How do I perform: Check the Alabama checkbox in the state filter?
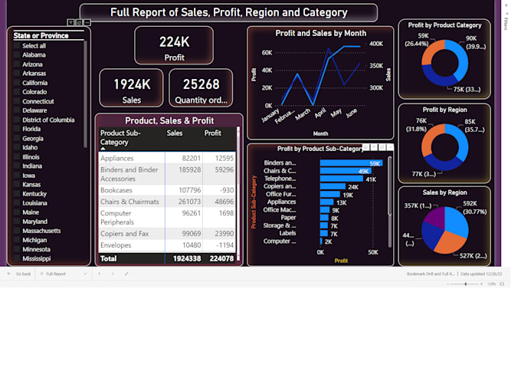click(17, 55)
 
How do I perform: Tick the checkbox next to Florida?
click(17, 129)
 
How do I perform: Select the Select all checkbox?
click(17, 46)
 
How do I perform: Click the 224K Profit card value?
click(174, 42)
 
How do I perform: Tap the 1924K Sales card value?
click(132, 84)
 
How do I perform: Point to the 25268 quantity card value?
click(201, 84)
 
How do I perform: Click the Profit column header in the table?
click(212, 133)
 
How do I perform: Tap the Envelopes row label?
click(116, 245)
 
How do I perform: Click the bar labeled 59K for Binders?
click(350, 163)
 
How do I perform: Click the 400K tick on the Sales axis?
click(376, 44)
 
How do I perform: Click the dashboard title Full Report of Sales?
click(228, 12)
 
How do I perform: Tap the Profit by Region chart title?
click(444, 110)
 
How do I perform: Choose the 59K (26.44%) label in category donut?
click(417, 40)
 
